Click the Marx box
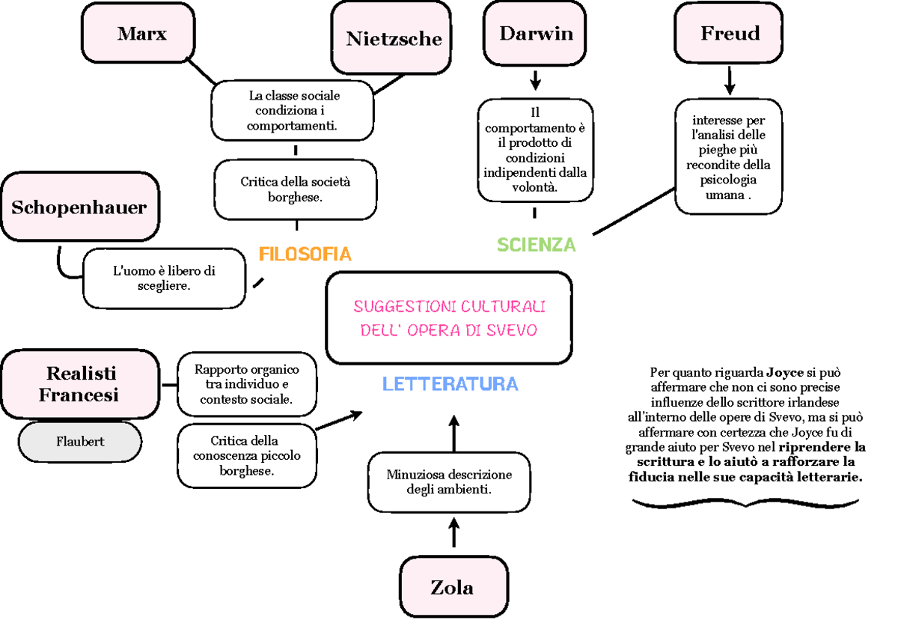(141, 34)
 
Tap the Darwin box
(536, 33)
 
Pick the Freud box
(729, 33)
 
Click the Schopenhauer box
(79, 207)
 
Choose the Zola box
(452, 587)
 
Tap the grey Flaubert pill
(80, 442)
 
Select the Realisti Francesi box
(81, 383)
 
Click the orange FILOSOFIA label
(305, 254)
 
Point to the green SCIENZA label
(537, 245)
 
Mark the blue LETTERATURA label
(450, 384)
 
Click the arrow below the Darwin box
(535, 79)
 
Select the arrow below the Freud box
(730, 79)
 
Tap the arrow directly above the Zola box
(454, 533)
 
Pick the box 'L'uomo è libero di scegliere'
(164, 279)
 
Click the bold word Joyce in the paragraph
(784, 372)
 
